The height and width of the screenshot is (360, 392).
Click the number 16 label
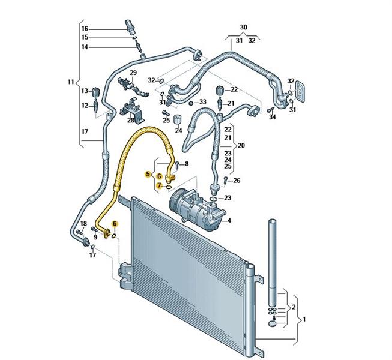(85, 28)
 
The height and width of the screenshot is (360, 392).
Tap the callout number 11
(71, 82)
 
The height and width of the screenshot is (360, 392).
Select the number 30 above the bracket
(243, 28)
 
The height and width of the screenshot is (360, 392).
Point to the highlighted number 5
(148, 175)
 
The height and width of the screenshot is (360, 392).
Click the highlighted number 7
(160, 186)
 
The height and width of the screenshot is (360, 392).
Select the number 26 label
(236, 180)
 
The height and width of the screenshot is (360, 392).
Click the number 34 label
(273, 117)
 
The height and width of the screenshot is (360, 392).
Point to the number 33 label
(202, 102)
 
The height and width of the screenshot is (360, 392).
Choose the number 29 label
(133, 73)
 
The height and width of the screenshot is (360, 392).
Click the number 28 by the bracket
(131, 120)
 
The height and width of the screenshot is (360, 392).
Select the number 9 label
(95, 238)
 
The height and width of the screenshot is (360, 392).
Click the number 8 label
(186, 164)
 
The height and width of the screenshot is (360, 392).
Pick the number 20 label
(241, 145)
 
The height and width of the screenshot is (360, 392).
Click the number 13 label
(85, 91)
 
